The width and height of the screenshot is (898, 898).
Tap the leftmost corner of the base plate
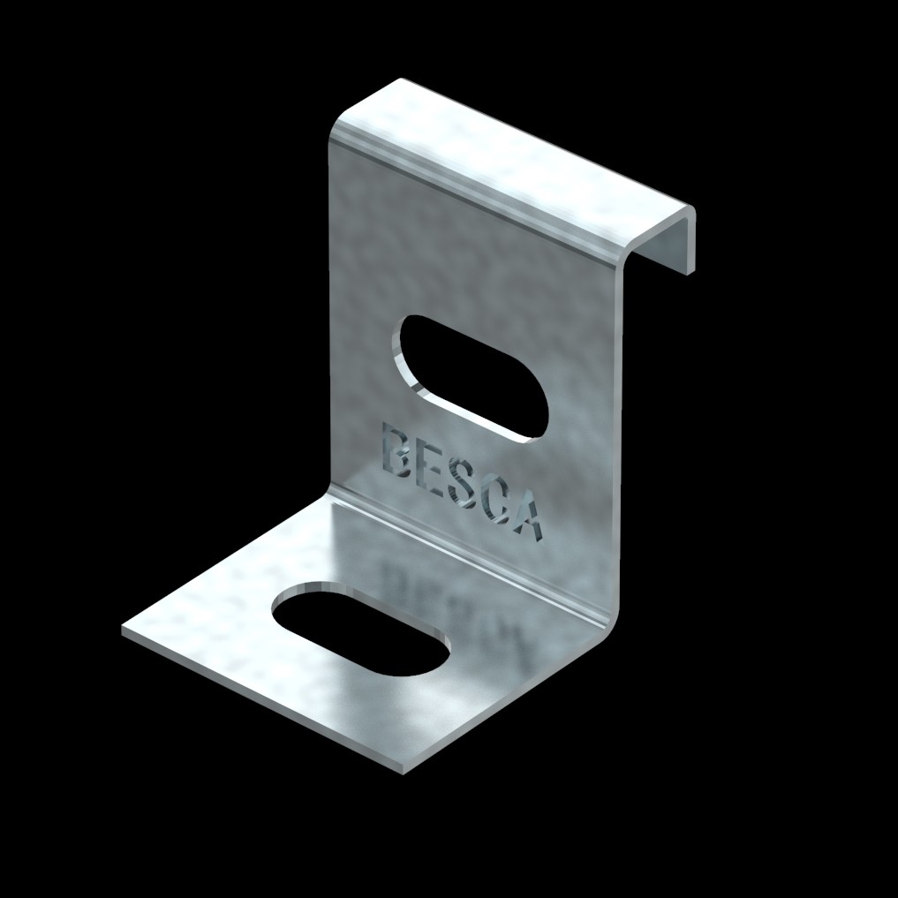pos(125,629)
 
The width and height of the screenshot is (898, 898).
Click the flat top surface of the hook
pos(521,150)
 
